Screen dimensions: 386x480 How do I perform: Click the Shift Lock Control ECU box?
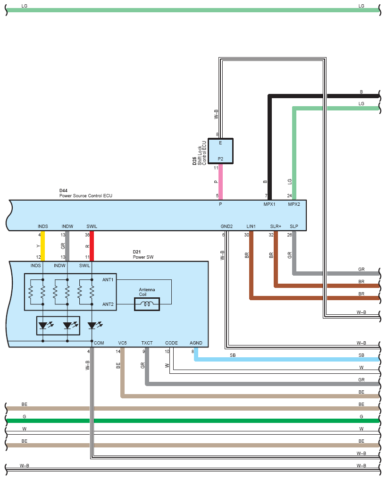[220, 151]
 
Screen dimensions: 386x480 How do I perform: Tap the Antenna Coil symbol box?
[147, 304]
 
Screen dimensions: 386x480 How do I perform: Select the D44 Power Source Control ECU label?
[86, 193]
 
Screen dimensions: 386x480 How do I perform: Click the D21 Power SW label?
[143, 254]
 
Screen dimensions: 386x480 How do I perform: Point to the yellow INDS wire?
[43, 246]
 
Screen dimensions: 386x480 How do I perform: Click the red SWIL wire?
[92, 246]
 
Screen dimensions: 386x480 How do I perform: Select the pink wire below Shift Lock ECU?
[220, 182]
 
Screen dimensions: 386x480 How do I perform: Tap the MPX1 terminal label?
[269, 204]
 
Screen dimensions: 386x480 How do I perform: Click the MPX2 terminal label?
[294, 204]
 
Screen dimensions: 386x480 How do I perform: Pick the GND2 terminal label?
[227, 226]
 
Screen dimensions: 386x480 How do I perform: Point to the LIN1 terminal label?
[251, 226]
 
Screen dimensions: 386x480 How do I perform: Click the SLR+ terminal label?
[276, 226]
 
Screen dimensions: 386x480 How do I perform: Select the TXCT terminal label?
[147, 343]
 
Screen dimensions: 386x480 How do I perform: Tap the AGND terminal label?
[196, 343]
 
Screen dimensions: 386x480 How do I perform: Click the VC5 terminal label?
[122, 343]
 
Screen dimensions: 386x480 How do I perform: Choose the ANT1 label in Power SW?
[108, 279]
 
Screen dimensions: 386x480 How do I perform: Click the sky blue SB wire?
[287, 359]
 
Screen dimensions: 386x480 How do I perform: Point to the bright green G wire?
[193, 421]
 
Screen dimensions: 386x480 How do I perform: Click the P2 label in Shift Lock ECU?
[220, 159]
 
